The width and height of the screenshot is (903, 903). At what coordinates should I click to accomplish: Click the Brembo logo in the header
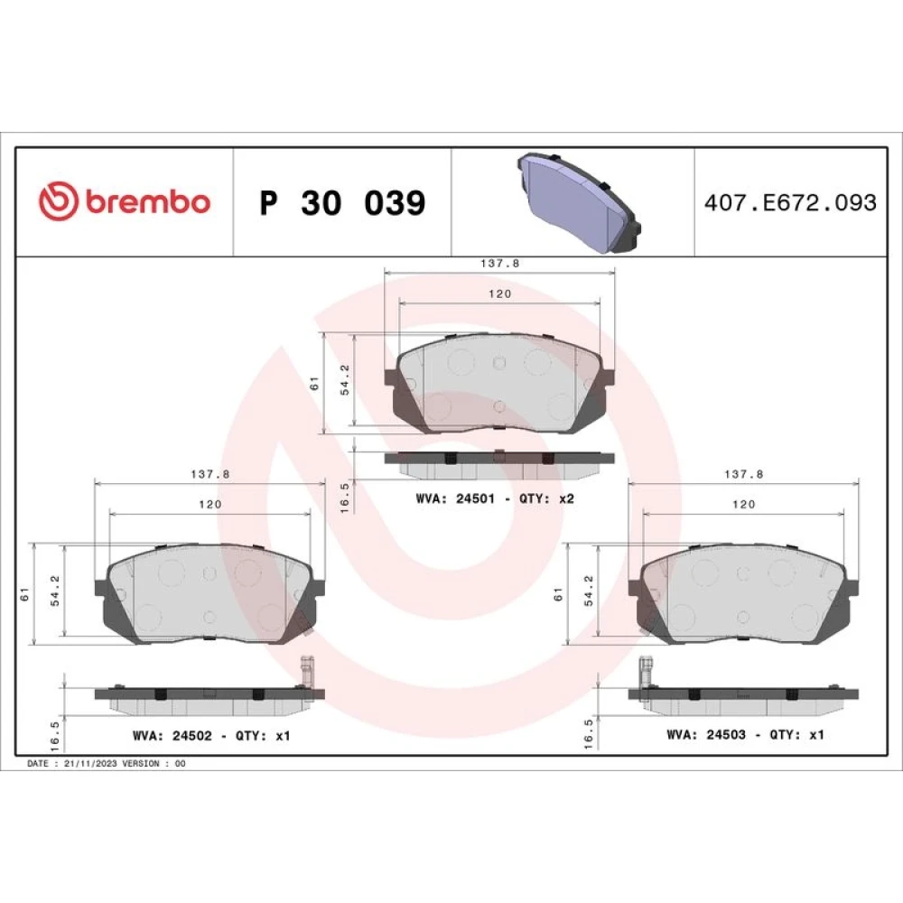tap(125, 201)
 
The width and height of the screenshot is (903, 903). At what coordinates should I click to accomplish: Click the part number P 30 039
tap(342, 202)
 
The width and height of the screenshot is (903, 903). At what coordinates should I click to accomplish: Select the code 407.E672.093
tap(790, 202)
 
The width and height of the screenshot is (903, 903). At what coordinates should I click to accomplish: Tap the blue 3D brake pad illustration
tap(580, 202)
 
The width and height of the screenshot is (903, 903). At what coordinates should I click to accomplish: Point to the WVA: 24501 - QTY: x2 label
tap(495, 498)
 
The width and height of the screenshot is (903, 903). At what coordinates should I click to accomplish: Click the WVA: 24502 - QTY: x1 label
tap(211, 736)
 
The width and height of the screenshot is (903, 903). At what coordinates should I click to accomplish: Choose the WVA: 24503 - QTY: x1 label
tap(745, 735)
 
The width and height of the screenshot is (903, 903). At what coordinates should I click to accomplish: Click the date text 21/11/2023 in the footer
tap(90, 764)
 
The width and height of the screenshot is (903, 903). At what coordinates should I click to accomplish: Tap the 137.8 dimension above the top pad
tap(500, 263)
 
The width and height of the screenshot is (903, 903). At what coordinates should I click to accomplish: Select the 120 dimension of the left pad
tap(210, 505)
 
